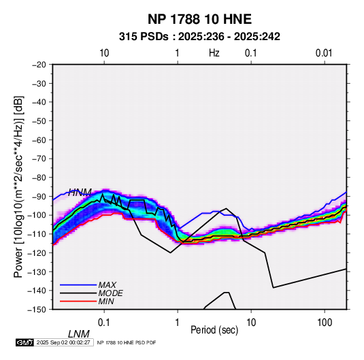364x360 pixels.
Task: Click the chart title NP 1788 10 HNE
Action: (199, 19)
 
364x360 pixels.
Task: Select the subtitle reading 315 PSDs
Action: (144, 37)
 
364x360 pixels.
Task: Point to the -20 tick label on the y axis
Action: (39, 65)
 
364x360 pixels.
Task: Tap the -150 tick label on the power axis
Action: (37, 310)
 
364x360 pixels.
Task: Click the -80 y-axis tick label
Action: (39, 178)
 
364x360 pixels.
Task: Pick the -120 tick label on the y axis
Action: (37, 253)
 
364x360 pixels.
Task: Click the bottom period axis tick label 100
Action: (325, 323)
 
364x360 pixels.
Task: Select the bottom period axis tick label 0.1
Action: (104, 323)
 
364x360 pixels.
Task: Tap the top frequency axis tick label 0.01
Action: (324, 53)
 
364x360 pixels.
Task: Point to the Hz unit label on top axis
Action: (214, 53)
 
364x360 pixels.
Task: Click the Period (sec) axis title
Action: (214, 330)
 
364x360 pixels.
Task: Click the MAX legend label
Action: (107, 284)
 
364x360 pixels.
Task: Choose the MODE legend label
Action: (110, 293)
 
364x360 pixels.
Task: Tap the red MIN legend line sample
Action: (78, 301)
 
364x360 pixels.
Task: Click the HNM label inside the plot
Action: (80, 193)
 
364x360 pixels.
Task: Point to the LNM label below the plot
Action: (79, 334)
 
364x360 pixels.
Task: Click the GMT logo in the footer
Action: (24, 342)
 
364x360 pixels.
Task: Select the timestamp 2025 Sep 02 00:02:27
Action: (63, 342)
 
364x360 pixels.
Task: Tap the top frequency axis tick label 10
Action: (104, 53)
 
